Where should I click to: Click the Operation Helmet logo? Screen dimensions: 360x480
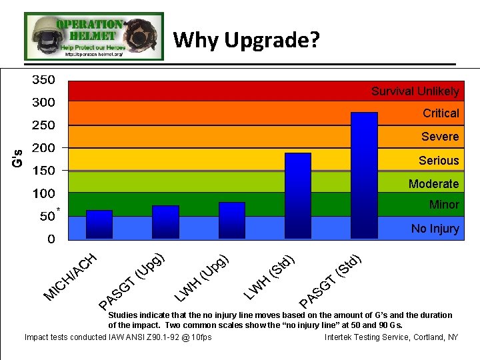click(93, 36)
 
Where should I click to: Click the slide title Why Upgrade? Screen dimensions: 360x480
click(247, 41)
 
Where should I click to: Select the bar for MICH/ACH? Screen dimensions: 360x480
click(99, 225)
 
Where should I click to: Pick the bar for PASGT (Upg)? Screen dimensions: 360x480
click(165, 222)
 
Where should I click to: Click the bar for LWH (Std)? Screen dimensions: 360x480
click(297, 195)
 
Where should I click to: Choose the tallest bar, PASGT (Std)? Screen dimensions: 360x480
click(364, 175)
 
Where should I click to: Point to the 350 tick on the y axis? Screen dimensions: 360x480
click(44, 79)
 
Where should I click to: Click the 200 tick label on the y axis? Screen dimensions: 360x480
click(44, 148)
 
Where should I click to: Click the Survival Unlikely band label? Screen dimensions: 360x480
click(415, 91)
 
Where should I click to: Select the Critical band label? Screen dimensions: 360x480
click(440, 113)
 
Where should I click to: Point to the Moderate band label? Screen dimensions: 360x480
click(433, 184)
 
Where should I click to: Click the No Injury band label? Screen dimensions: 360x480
click(435, 229)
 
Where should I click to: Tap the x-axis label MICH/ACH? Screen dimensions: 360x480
click(71, 276)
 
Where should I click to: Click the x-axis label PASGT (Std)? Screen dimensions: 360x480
click(331, 279)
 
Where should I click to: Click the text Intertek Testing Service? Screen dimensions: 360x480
click(366, 337)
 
